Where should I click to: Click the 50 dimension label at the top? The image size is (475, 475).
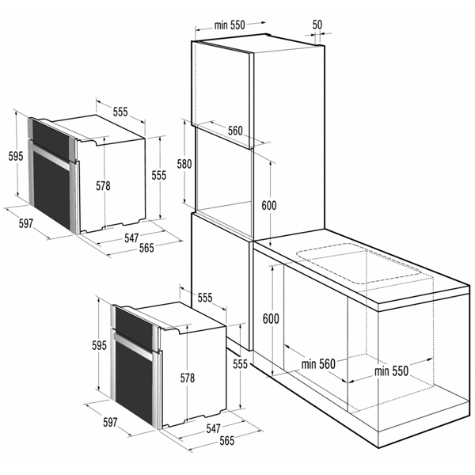point(317,25)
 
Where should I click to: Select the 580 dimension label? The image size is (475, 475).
point(184,164)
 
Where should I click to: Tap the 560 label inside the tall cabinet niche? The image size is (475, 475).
point(235,131)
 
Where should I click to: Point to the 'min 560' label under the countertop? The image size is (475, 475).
point(318,364)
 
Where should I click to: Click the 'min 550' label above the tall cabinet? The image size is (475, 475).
point(230,25)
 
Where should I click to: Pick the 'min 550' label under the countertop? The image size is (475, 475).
point(391,371)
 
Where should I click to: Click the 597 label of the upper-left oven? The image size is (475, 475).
point(26,223)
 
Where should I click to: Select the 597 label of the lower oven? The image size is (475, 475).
point(110,422)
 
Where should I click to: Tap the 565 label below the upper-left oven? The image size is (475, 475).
point(146,248)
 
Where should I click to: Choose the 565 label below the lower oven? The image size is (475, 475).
point(227,441)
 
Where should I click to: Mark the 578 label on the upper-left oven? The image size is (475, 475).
point(103,186)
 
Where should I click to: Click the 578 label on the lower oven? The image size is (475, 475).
point(188,378)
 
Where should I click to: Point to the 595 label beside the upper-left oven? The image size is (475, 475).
point(16,156)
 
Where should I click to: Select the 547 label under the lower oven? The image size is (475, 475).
point(213,428)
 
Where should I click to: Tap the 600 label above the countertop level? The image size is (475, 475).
point(269,206)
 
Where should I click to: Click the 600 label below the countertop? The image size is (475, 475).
point(271,319)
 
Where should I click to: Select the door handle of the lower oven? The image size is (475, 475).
point(134,346)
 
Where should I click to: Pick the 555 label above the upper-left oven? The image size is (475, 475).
point(120,112)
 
